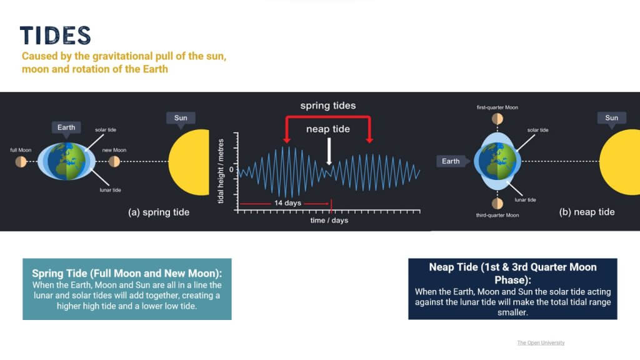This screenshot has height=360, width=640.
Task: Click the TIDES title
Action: tap(56, 35)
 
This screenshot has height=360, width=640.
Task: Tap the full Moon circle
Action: tap(21, 162)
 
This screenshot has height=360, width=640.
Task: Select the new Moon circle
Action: tap(114, 162)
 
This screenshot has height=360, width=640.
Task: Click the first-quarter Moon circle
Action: tap(497, 119)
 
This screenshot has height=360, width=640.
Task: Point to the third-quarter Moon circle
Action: tap(497, 203)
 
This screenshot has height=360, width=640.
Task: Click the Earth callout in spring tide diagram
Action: tap(66, 127)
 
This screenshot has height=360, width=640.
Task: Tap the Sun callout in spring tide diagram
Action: tap(181, 118)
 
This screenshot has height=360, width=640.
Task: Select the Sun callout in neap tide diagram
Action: tap(611, 118)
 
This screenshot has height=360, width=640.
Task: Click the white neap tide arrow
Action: tap(329, 151)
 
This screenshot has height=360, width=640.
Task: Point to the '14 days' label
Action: tap(287, 203)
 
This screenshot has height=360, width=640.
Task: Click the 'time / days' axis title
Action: tap(329, 221)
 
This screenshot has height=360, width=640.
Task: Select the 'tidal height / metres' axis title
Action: tap(221, 171)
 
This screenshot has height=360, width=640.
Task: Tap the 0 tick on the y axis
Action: tap(231, 169)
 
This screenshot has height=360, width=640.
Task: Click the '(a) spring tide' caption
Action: tap(159, 212)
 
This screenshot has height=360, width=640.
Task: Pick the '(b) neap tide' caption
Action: tap(587, 212)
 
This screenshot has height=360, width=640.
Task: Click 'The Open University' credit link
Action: tap(541, 343)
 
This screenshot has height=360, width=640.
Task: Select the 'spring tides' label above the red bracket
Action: tap(328, 106)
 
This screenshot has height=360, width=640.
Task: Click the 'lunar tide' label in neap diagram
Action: tap(525, 200)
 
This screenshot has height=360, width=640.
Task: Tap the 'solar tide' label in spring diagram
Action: tap(106, 130)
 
